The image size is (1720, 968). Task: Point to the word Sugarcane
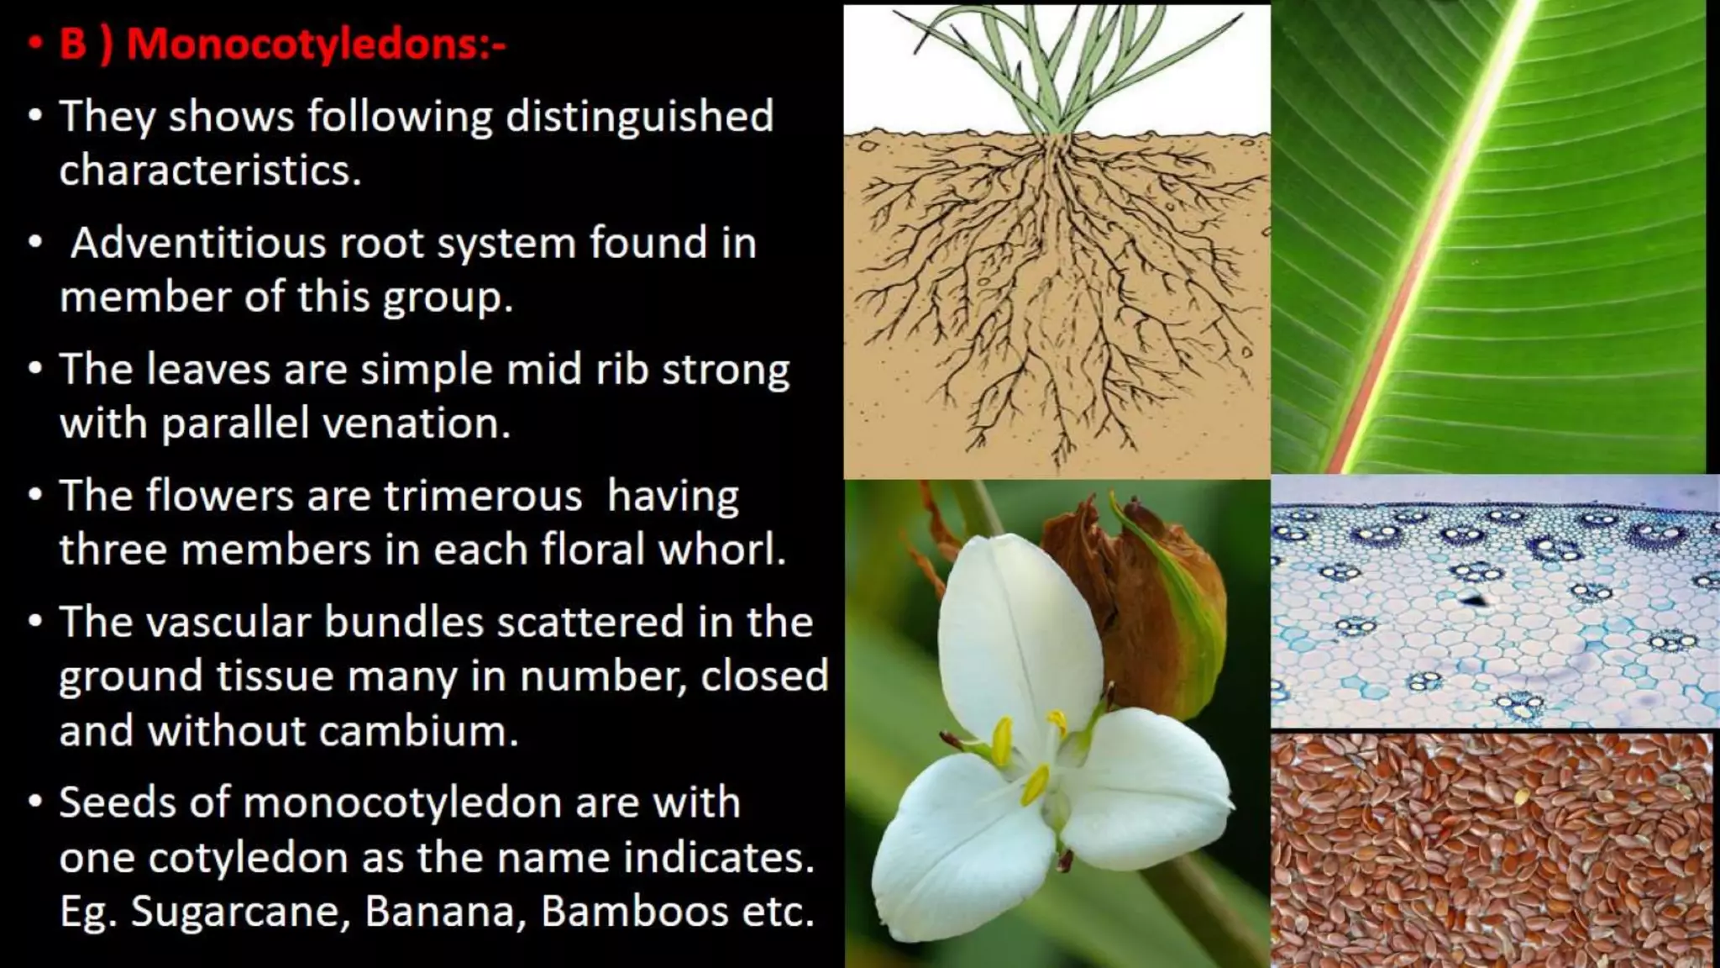pos(239,912)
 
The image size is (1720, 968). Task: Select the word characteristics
pos(210,171)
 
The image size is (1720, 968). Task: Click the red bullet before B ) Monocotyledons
pos(34,44)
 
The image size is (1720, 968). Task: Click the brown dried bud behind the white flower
pos(1125,588)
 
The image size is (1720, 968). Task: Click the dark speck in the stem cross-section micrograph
pos(1471,599)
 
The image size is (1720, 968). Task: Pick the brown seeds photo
pos(1492,849)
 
